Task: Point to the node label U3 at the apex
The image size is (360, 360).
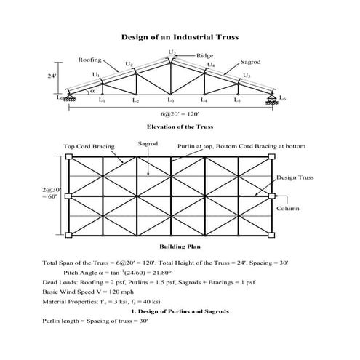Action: point(172,52)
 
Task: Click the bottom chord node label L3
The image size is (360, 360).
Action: point(170,101)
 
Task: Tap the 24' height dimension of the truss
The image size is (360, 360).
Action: point(52,76)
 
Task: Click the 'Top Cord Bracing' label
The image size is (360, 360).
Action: point(89,146)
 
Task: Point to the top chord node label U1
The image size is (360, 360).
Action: point(95,74)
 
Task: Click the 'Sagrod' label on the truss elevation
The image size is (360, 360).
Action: point(251,63)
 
